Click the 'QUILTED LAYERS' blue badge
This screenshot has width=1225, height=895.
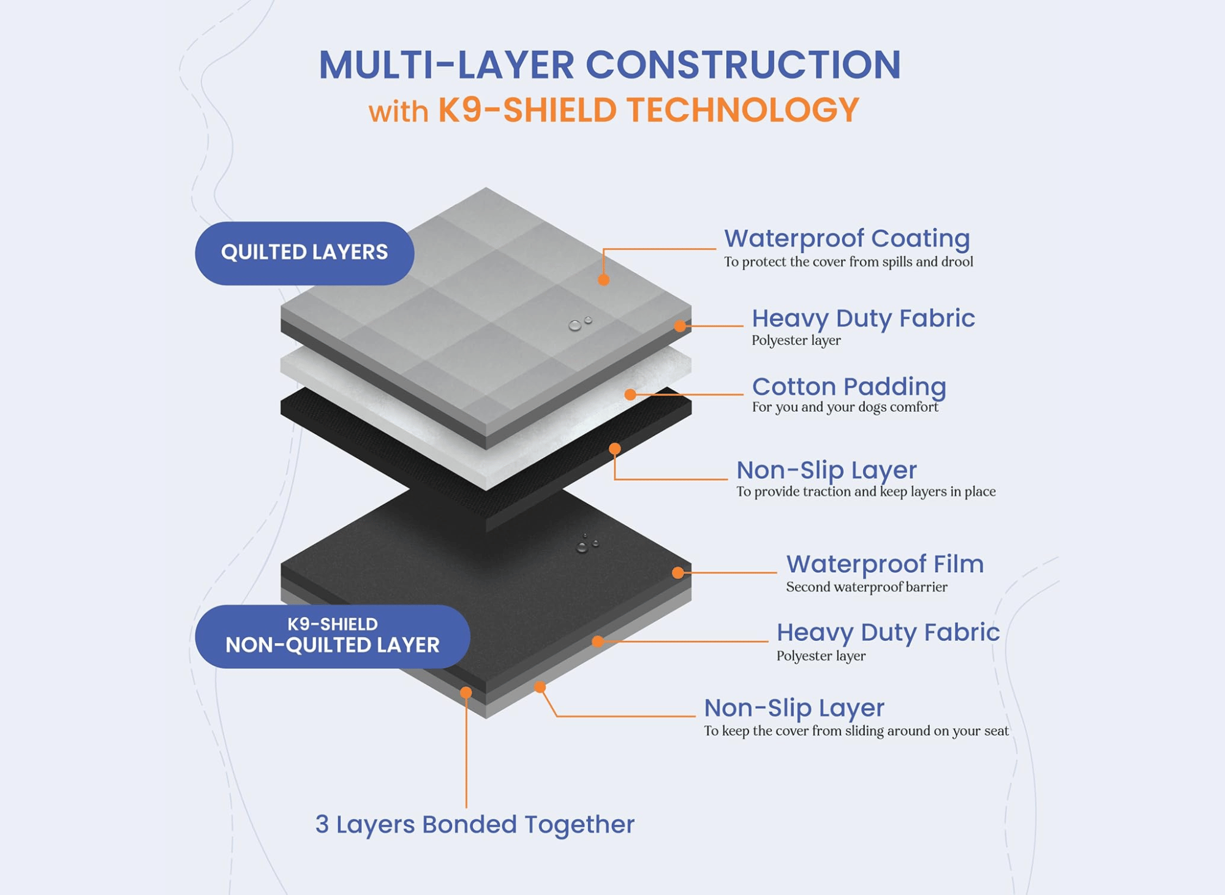pyautogui.click(x=304, y=253)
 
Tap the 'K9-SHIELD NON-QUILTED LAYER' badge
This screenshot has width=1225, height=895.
pyautogui.click(x=333, y=636)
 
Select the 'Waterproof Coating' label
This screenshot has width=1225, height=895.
pyautogui.click(x=846, y=238)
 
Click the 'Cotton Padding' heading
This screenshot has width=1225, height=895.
pyautogui.click(x=849, y=387)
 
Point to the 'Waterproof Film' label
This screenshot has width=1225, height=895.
pyautogui.click(x=884, y=564)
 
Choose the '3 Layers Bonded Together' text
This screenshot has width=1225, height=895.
pyautogui.click(x=475, y=825)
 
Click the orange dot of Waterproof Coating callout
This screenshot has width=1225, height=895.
pyautogui.click(x=603, y=280)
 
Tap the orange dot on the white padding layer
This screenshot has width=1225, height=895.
pyautogui.click(x=630, y=395)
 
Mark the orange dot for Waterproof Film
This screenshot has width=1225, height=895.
pyautogui.click(x=677, y=573)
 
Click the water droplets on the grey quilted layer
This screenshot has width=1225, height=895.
pyautogui.click(x=579, y=324)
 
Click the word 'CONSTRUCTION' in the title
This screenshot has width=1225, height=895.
pyautogui.click(x=743, y=65)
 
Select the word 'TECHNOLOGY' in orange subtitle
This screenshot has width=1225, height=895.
pyautogui.click(x=742, y=111)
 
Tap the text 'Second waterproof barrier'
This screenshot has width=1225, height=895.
pyautogui.click(x=866, y=587)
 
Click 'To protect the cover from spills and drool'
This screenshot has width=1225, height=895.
pyautogui.click(x=848, y=262)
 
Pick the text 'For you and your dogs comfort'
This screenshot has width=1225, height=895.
pyautogui.click(x=845, y=407)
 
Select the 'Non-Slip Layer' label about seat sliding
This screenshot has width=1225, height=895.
pyautogui.click(x=794, y=708)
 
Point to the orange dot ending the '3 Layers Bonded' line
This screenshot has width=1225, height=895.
pyautogui.click(x=466, y=693)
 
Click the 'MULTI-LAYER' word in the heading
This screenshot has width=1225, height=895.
pyautogui.click(x=447, y=65)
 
